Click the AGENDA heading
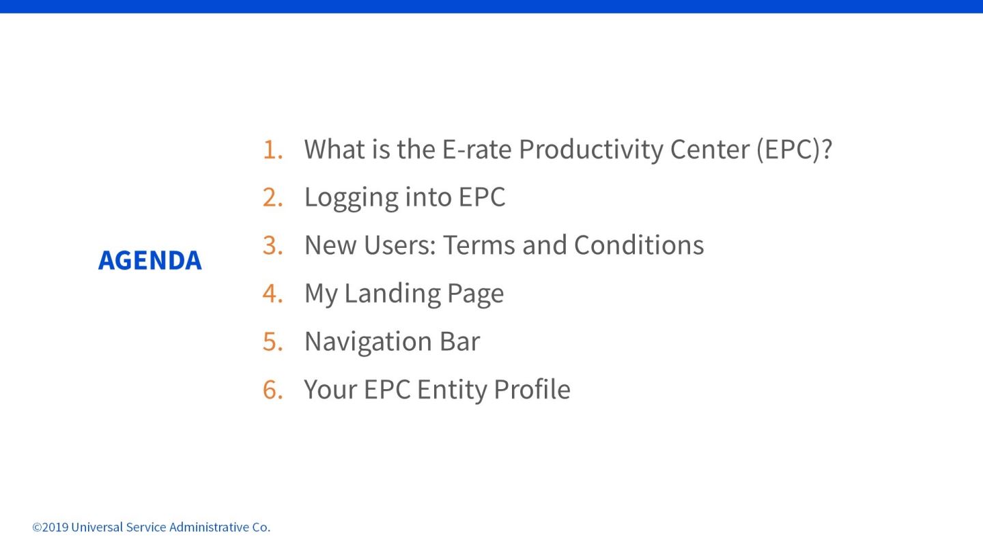149,260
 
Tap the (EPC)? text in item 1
795,150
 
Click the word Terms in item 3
479,245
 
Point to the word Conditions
639,245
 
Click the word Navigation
368,342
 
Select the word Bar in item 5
460,341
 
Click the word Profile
532,389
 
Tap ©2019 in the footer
50,527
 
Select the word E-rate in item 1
476,150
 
